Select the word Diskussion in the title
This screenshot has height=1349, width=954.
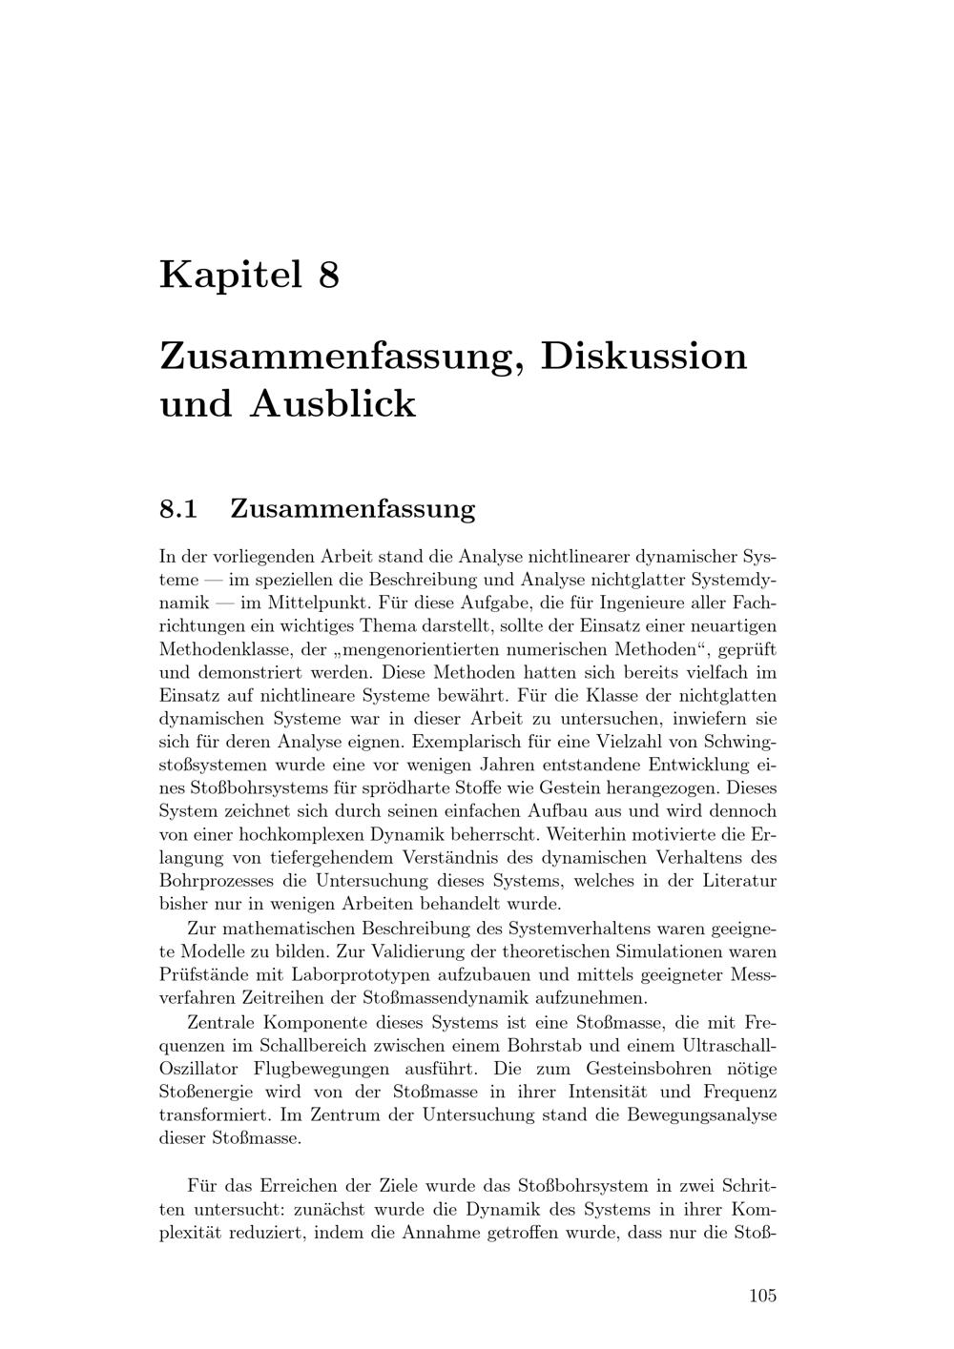644,356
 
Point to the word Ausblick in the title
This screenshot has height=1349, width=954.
334,403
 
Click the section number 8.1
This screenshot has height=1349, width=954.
178,508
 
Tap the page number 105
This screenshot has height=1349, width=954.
762,1295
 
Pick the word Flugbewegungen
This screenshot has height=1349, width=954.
321,1068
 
